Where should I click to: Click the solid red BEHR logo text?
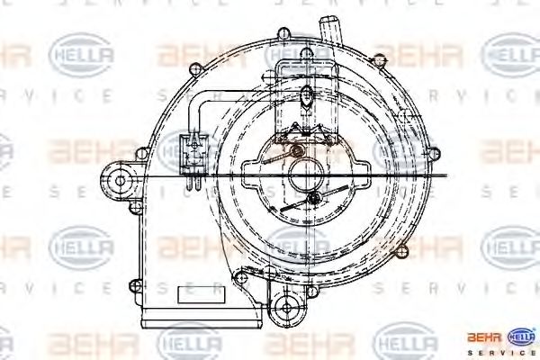pyautogui.click(x=484, y=337)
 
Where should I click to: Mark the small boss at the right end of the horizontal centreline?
pyautogui.click(x=443, y=177)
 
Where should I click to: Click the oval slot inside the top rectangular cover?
pyautogui.click(x=308, y=96)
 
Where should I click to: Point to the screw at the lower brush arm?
pyautogui.click(x=312, y=198)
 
